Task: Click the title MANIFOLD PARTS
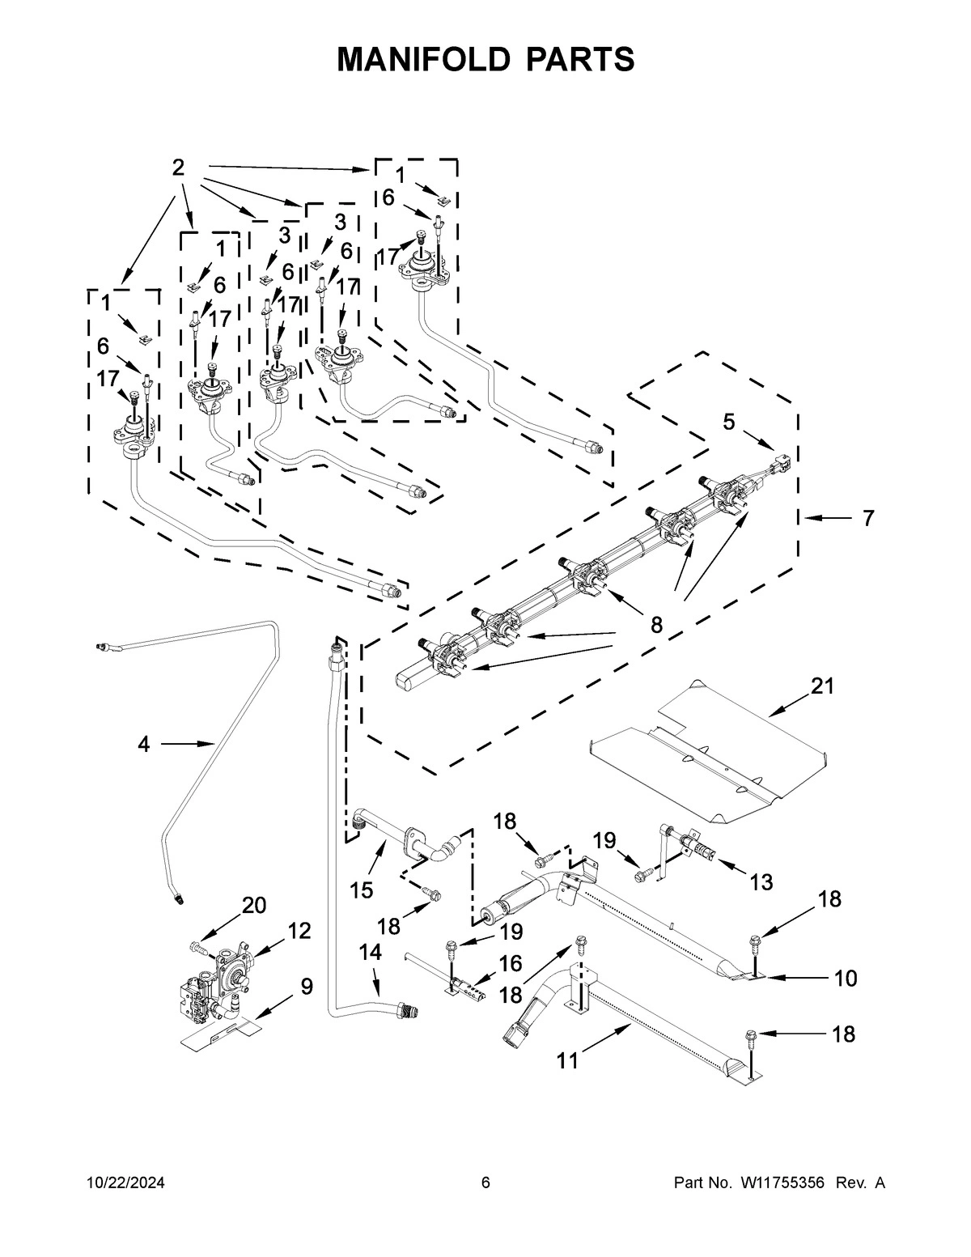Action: click(485, 59)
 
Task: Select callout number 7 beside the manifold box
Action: click(867, 518)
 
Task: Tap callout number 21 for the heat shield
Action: click(822, 686)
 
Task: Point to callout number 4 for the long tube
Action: click(143, 744)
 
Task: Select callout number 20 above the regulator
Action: click(254, 906)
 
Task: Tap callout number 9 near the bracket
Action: click(306, 986)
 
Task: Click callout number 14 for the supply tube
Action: click(370, 953)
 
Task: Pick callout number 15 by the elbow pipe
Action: click(361, 890)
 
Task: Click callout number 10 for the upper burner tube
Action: click(845, 979)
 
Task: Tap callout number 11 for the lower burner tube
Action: click(567, 1060)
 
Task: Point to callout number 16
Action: click(511, 963)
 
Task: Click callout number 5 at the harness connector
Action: click(729, 422)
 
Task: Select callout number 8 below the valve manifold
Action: click(655, 624)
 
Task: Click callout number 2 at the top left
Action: click(178, 168)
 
